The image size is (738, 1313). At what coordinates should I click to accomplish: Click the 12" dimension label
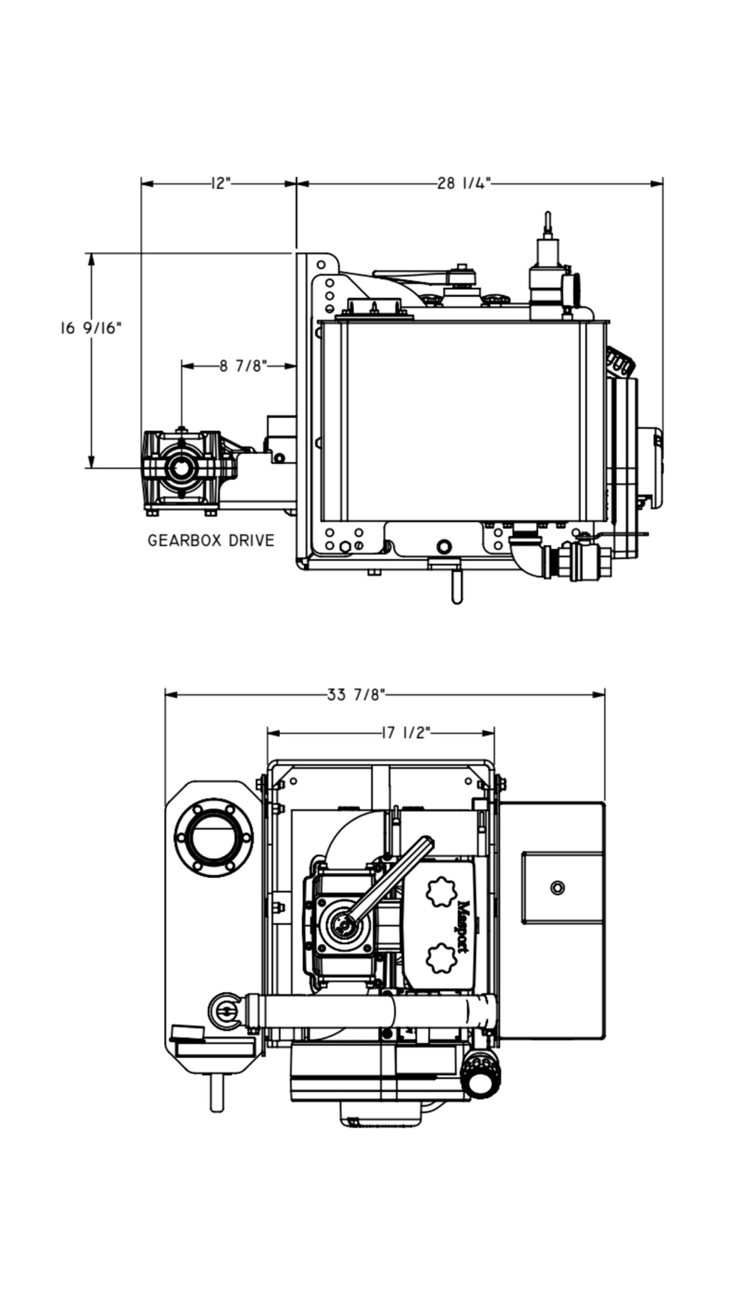tap(220, 183)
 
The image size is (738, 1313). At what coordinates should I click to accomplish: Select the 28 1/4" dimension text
tap(464, 183)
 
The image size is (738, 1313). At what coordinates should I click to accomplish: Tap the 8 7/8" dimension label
tap(243, 366)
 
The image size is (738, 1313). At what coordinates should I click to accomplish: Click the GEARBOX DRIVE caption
tap(211, 540)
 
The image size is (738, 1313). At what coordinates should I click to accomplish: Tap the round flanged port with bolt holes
tap(214, 837)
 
